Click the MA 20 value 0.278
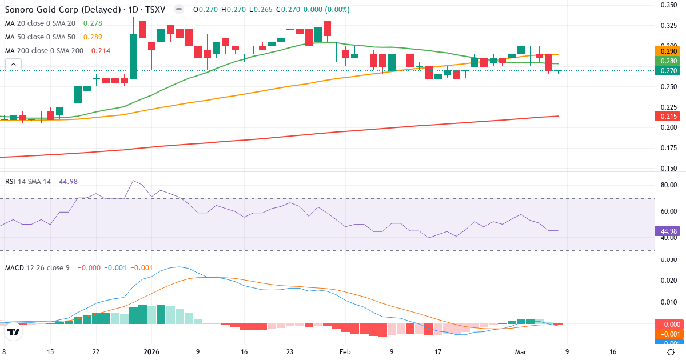point(93,23)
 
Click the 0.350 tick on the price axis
point(668,5)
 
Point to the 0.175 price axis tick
point(668,148)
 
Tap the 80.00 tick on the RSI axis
point(669,185)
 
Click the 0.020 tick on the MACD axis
point(668,280)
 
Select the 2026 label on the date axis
point(151,353)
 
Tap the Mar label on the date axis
point(521,353)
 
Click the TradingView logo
point(14,331)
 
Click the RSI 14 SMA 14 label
point(28,181)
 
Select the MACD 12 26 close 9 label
point(37,267)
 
